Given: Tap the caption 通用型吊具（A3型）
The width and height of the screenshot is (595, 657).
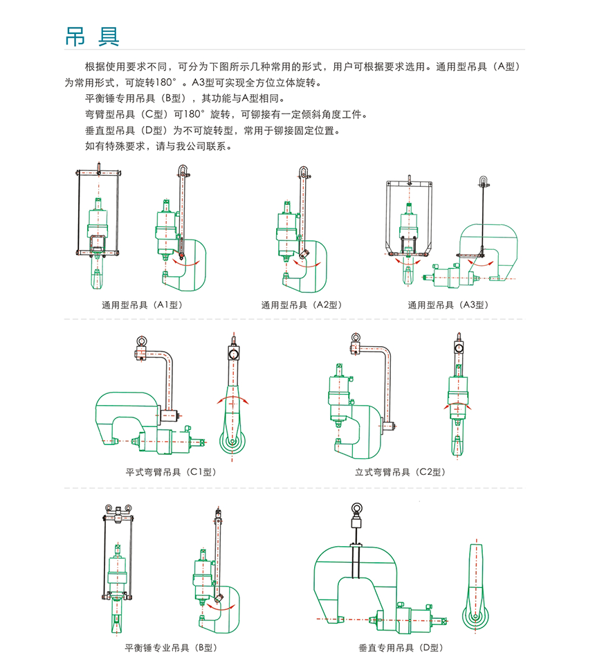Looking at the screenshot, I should tap(448, 305).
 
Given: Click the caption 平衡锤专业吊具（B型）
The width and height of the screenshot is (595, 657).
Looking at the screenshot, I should tap(171, 648).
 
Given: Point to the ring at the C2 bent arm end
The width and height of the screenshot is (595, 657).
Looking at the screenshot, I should tap(356, 339).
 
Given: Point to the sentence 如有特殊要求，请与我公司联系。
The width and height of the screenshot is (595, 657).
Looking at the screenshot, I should tap(158, 147).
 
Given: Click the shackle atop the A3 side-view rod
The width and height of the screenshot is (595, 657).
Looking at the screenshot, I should tap(482, 182).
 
